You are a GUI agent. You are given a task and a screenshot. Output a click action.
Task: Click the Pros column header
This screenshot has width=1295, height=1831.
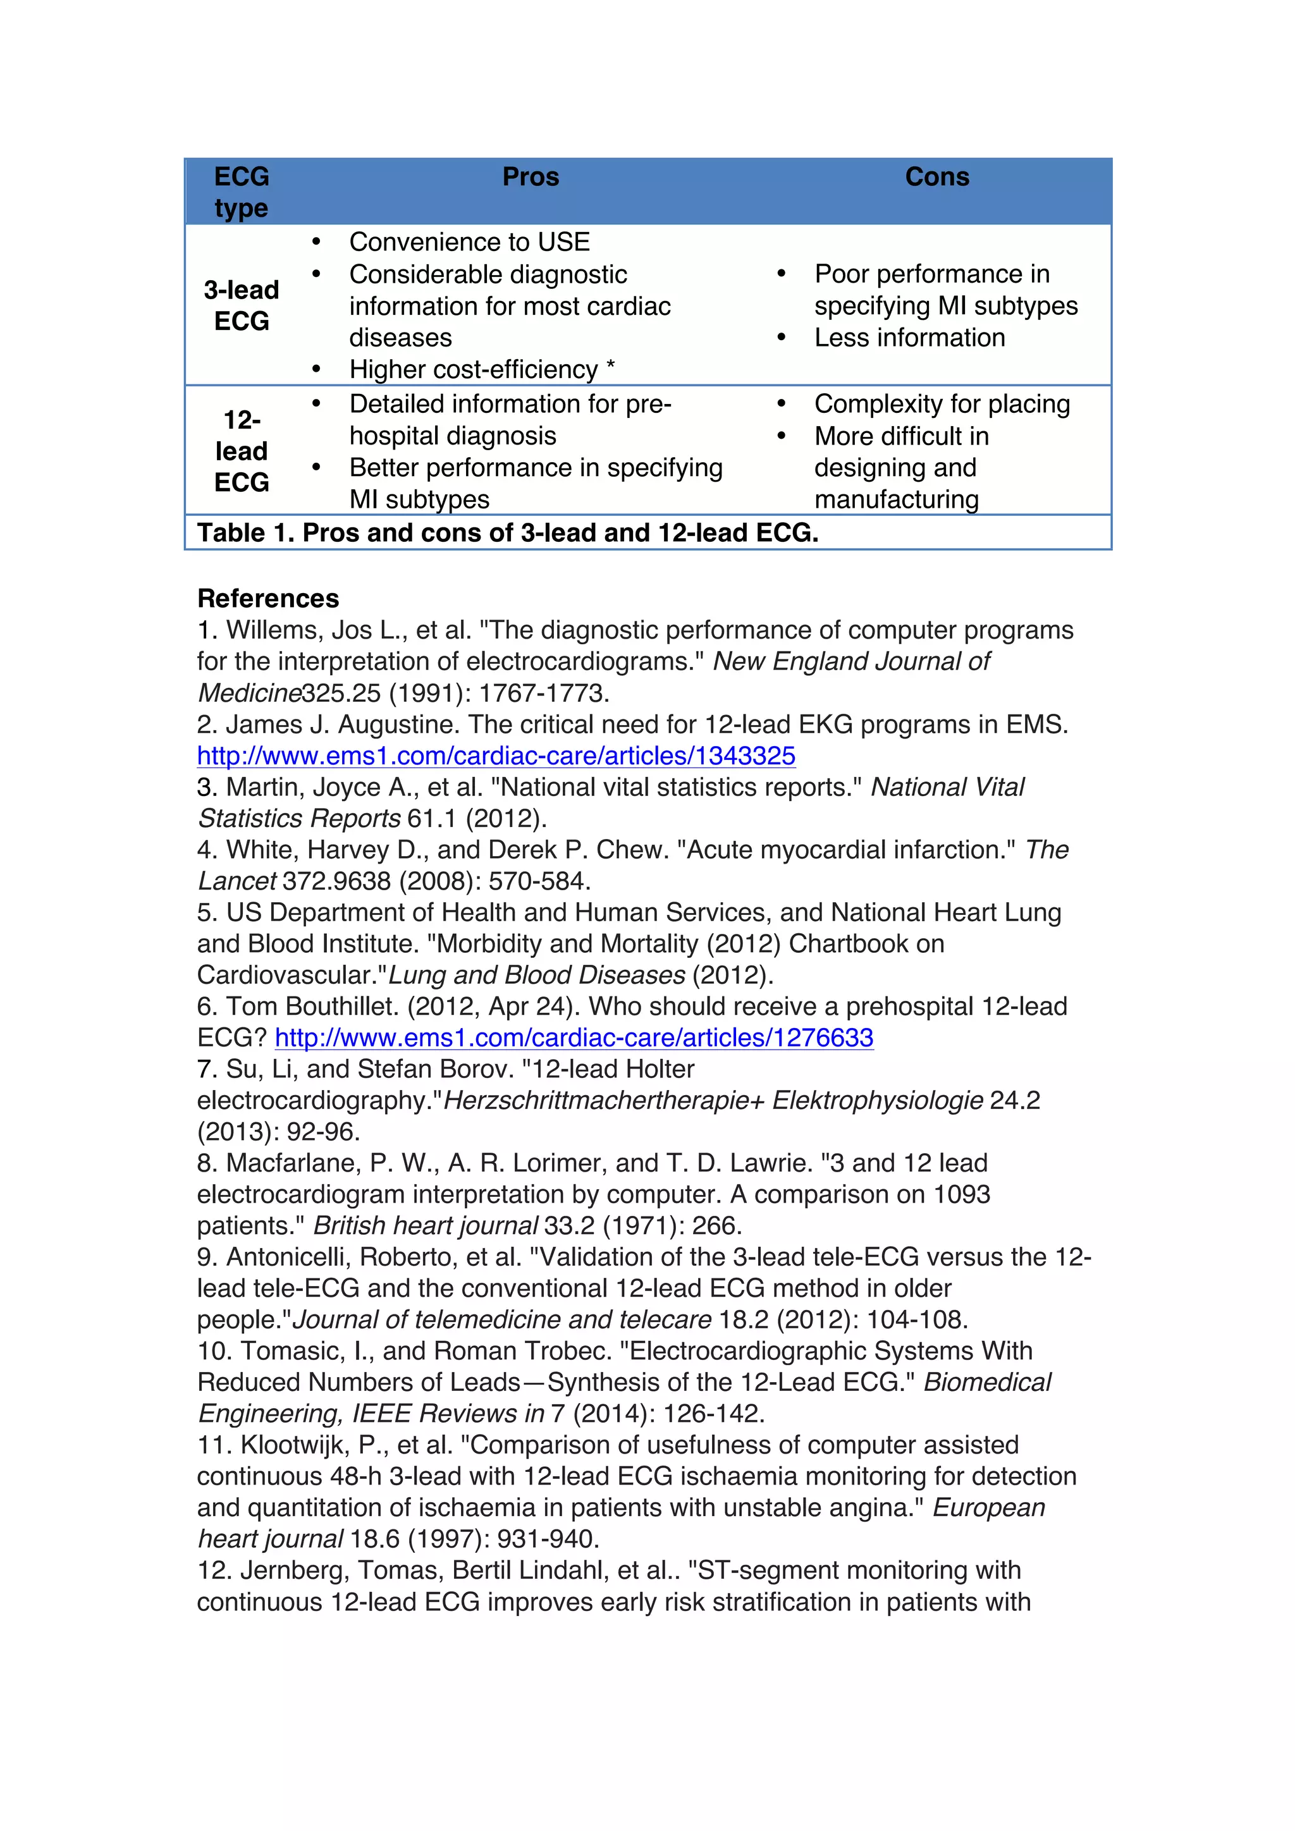(x=531, y=177)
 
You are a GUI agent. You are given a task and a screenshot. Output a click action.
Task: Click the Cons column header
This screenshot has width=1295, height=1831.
(x=937, y=177)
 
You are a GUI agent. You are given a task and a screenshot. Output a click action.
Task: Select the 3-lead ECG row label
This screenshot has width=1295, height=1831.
(x=242, y=305)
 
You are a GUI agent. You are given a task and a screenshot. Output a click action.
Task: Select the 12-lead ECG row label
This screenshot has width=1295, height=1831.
(x=242, y=451)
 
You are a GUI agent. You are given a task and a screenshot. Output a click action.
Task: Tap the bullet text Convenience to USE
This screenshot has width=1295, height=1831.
(x=469, y=242)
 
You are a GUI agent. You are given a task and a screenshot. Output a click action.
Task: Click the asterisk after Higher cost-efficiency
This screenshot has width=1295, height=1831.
(x=610, y=367)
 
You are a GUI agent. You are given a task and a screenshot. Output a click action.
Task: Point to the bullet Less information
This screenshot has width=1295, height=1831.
(x=909, y=338)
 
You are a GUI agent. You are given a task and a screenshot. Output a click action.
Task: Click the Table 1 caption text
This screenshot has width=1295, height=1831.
(x=507, y=533)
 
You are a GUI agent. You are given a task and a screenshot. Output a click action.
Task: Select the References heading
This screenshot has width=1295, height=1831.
(x=268, y=598)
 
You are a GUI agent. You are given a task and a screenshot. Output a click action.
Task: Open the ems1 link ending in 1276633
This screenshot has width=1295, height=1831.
(x=574, y=1038)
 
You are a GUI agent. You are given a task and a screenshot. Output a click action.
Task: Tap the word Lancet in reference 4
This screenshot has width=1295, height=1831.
(x=237, y=881)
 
